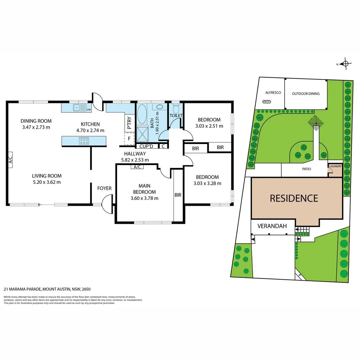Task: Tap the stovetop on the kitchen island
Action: point(84,141)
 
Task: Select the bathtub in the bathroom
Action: point(142,115)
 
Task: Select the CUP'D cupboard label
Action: point(146,146)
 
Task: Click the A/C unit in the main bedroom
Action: point(137,167)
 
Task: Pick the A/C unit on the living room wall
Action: point(10,162)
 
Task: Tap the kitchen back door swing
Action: point(98,101)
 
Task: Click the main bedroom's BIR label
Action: point(178,195)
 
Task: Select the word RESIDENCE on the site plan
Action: point(294,198)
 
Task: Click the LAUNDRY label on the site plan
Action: point(335,166)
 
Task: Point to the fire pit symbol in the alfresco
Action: point(266,102)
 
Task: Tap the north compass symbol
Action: point(345,64)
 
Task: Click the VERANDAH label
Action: point(272,226)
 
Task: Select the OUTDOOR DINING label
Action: point(306,94)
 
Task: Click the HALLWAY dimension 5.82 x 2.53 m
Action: point(135,160)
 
